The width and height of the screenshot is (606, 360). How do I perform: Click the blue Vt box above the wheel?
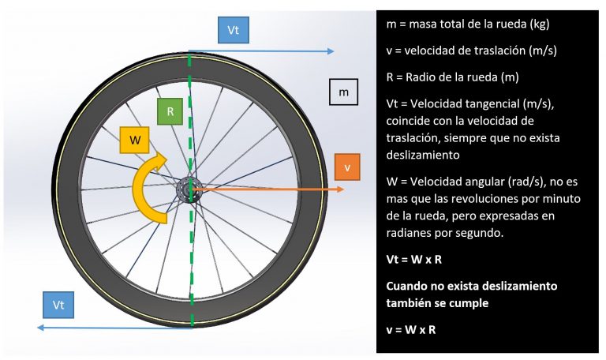pyautogui.click(x=233, y=30)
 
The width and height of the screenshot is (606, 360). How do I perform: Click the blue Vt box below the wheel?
pyautogui.click(x=58, y=305)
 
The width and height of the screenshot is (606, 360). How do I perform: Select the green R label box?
pyautogui.click(x=170, y=112)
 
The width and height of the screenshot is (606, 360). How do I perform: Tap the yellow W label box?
pyautogui.click(x=134, y=140)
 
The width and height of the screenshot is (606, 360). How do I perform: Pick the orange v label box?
pyautogui.click(x=347, y=167)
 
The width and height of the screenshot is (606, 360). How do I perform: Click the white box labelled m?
pyautogui.click(x=343, y=92)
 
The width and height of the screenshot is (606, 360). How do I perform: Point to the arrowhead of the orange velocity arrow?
pyautogui.click(x=341, y=189)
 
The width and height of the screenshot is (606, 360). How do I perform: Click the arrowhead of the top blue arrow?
pyautogui.click(x=331, y=51)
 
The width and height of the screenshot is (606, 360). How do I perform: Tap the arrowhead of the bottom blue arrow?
pyautogui.click(x=41, y=328)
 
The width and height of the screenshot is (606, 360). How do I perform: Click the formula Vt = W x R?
pyautogui.click(x=414, y=259)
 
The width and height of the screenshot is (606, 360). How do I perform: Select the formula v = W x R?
pyautogui.click(x=411, y=330)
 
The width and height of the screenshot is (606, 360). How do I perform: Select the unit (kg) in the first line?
pyautogui.click(x=540, y=24)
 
